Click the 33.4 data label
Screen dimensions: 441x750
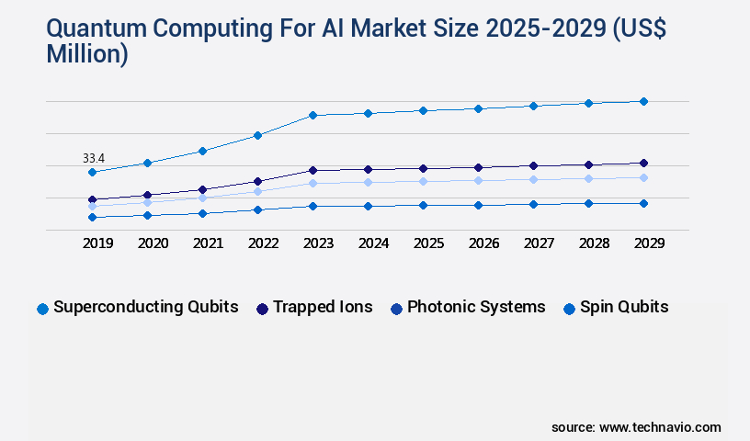(94, 159)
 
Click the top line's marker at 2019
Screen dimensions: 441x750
(92, 172)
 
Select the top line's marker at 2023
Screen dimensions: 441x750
(312, 115)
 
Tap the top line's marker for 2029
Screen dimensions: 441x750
(643, 101)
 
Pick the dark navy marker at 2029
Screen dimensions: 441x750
(643, 163)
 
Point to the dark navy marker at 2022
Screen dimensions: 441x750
(257, 181)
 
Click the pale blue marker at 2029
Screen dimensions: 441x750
(643, 177)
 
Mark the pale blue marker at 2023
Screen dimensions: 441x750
(312, 183)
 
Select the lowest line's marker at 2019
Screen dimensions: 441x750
(92, 217)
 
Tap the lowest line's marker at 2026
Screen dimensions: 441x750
(478, 205)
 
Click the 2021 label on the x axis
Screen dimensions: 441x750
(208, 243)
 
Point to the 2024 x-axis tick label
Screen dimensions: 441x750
(373, 243)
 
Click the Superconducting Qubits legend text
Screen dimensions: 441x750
(146, 307)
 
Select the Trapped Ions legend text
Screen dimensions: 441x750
(323, 307)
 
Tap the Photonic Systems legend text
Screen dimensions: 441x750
(476, 307)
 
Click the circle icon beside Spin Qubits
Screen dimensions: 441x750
(569, 309)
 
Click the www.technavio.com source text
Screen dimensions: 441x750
(660, 427)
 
